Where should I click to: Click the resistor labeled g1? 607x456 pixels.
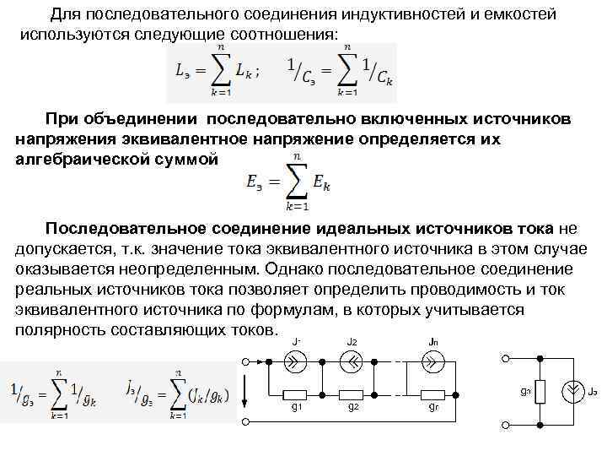click(x=297, y=394)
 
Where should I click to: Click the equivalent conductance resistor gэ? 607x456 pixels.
click(x=540, y=391)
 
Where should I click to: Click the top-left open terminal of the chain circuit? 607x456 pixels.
click(x=244, y=362)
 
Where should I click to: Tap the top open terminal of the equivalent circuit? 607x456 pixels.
click(x=506, y=360)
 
